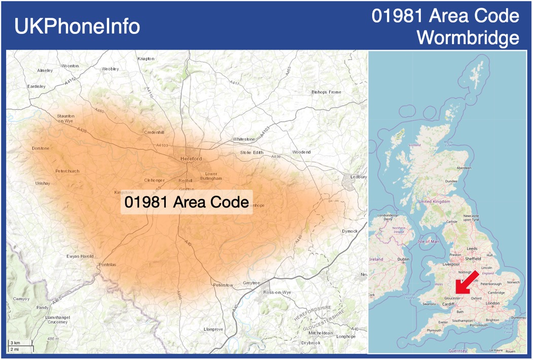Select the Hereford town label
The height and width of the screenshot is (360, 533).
191,159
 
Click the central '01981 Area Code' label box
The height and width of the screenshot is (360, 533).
186,202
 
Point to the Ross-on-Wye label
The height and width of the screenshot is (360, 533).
277,293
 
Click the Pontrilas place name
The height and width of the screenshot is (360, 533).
107,265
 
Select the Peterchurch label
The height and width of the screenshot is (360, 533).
67,171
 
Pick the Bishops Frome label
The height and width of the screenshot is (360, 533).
326,92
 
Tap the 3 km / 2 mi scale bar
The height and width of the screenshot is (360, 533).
20,346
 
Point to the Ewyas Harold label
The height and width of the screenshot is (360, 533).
80,257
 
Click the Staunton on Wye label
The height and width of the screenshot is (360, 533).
66,119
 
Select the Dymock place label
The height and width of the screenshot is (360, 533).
349,231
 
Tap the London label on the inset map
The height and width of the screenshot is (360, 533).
492,303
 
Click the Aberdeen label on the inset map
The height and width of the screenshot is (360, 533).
464,168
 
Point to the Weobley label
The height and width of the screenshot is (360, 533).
110,68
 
